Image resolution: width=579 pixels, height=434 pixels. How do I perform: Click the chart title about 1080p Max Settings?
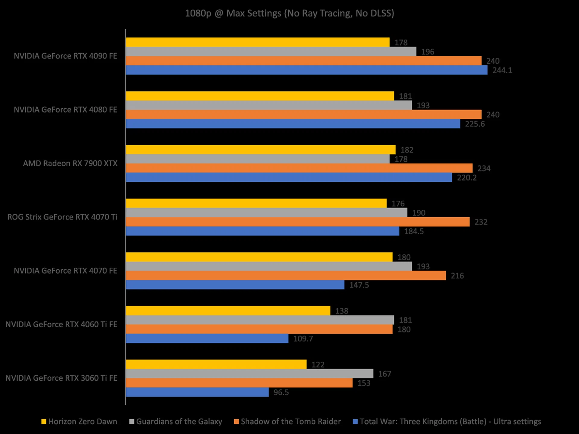[x=289, y=13]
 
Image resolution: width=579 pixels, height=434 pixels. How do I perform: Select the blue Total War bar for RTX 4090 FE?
[x=306, y=70]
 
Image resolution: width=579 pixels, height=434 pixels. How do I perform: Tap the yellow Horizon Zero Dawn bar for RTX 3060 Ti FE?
[x=216, y=364]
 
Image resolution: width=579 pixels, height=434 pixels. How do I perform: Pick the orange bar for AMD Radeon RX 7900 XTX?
[x=299, y=168]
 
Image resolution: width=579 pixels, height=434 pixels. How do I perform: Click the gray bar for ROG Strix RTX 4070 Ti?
[x=266, y=213]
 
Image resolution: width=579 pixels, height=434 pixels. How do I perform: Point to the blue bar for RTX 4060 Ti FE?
[x=207, y=338]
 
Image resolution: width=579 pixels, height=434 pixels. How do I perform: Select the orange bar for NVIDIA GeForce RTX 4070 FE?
[x=286, y=275]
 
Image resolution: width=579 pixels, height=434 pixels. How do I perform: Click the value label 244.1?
[x=502, y=70]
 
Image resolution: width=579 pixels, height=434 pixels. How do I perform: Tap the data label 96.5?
[x=281, y=392]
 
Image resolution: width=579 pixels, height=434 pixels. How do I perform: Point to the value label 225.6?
[x=475, y=124]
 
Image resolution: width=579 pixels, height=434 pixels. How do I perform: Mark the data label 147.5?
[x=359, y=285]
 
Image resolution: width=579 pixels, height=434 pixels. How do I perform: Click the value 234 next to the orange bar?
[x=484, y=168]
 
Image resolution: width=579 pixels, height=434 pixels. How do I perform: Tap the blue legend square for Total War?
[x=355, y=422]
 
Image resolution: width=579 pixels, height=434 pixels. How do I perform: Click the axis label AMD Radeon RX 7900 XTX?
[x=70, y=163]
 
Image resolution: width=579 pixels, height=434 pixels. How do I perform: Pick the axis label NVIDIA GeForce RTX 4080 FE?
[x=65, y=110]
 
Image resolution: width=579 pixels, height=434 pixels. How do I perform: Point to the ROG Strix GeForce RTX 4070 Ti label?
[x=62, y=217]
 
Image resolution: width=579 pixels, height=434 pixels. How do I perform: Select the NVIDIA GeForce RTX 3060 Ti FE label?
[x=61, y=378]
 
